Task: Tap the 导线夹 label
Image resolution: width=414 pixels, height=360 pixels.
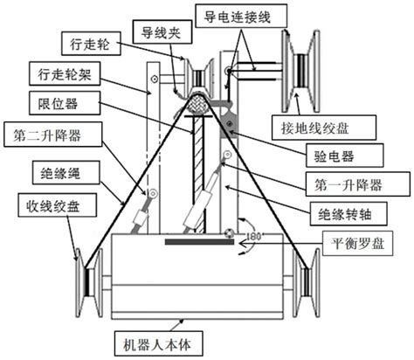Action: [161, 31]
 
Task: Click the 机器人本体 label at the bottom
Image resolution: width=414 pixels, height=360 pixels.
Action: [167, 344]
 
